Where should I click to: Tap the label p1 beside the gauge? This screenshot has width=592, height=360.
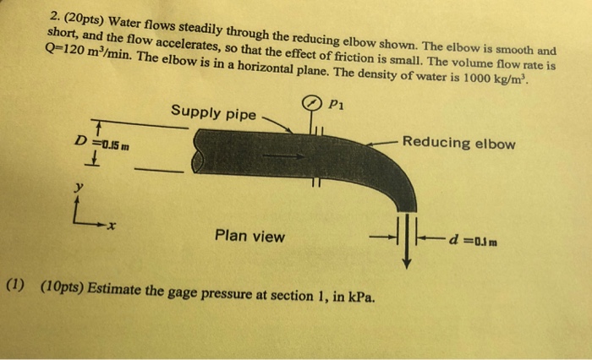tap(336, 105)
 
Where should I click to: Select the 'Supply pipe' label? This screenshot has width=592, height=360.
tap(213, 112)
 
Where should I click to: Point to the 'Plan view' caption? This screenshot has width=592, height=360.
tap(250, 236)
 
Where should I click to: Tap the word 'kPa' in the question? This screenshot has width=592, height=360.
tap(366, 297)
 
